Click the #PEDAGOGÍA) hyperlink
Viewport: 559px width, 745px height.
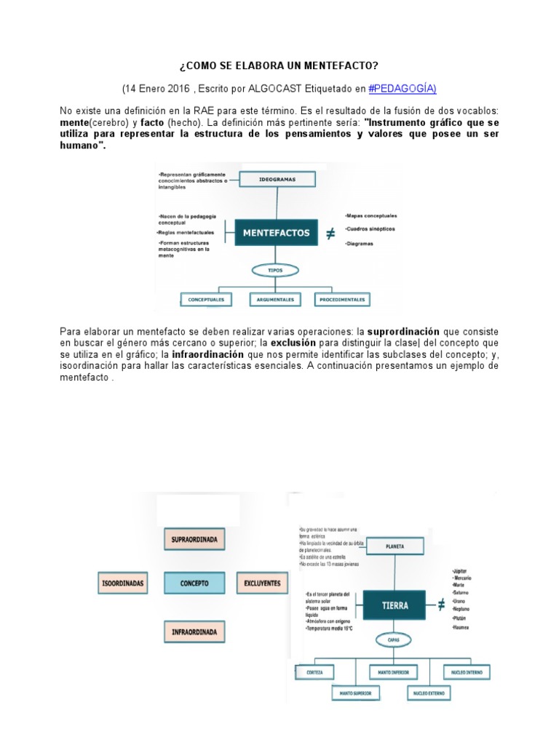pyautogui.click(x=403, y=89)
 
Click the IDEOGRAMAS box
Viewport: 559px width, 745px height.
pyautogui.click(x=277, y=178)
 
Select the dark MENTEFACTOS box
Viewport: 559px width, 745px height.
pyautogui.click(x=276, y=234)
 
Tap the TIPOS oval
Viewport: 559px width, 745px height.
pyautogui.click(x=275, y=270)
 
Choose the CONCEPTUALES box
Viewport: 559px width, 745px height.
pyautogui.click(x=206, y=299)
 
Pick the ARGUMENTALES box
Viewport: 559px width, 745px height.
pyautogui.click(x=276, y=299)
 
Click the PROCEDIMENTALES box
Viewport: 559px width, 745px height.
pyautogui.click(x=342, y=299)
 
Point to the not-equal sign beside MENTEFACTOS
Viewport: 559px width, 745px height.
pyautogui.click(x=330, y=234)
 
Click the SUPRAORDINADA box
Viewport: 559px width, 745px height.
pyautogui.click(x=194, y=540)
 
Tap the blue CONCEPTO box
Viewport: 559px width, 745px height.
pyautogui.click(x=194, y=583)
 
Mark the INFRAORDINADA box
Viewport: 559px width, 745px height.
pyautogui.click(x=194, y=632)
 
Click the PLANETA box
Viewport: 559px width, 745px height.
pyautogui.click(x=395, y=546)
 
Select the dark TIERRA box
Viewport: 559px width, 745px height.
pyautogui.click(x=395, y=605)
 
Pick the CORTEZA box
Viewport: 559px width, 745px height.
pyautogui.click(x=315, y=672)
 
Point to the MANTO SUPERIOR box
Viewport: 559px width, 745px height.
pyautogui.click(x=355, y=693)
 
